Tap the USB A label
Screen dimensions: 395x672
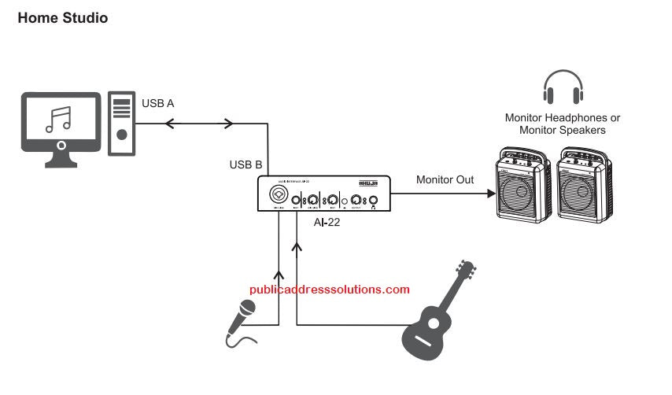tap(158, 103)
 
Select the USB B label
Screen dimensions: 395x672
tap(246, 165)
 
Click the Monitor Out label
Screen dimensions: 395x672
tap(445, 180)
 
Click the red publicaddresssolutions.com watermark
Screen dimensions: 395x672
tap(330, 290)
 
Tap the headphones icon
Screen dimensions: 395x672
tap(563, 87)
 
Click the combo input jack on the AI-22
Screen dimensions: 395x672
tap(279, 194)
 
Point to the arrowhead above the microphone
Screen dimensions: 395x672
tap(278, 276)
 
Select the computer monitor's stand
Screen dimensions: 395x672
tap(61, 160)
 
